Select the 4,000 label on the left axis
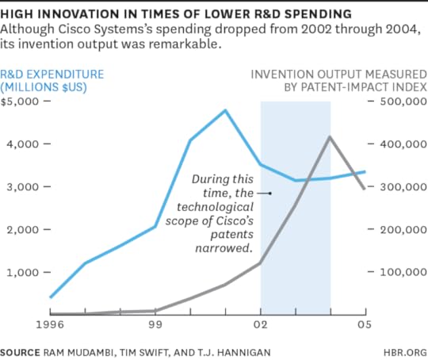tap(22, 144)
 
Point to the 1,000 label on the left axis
tap(22, 272)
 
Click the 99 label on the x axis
tap(156, 324)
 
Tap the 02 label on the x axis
tap(261, 324)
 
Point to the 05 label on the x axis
tap(365, 324)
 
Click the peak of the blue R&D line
tap(226, 110)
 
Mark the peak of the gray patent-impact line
tap(330, 136)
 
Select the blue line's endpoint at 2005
tap(365, 171)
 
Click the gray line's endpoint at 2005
tap(365, 189)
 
